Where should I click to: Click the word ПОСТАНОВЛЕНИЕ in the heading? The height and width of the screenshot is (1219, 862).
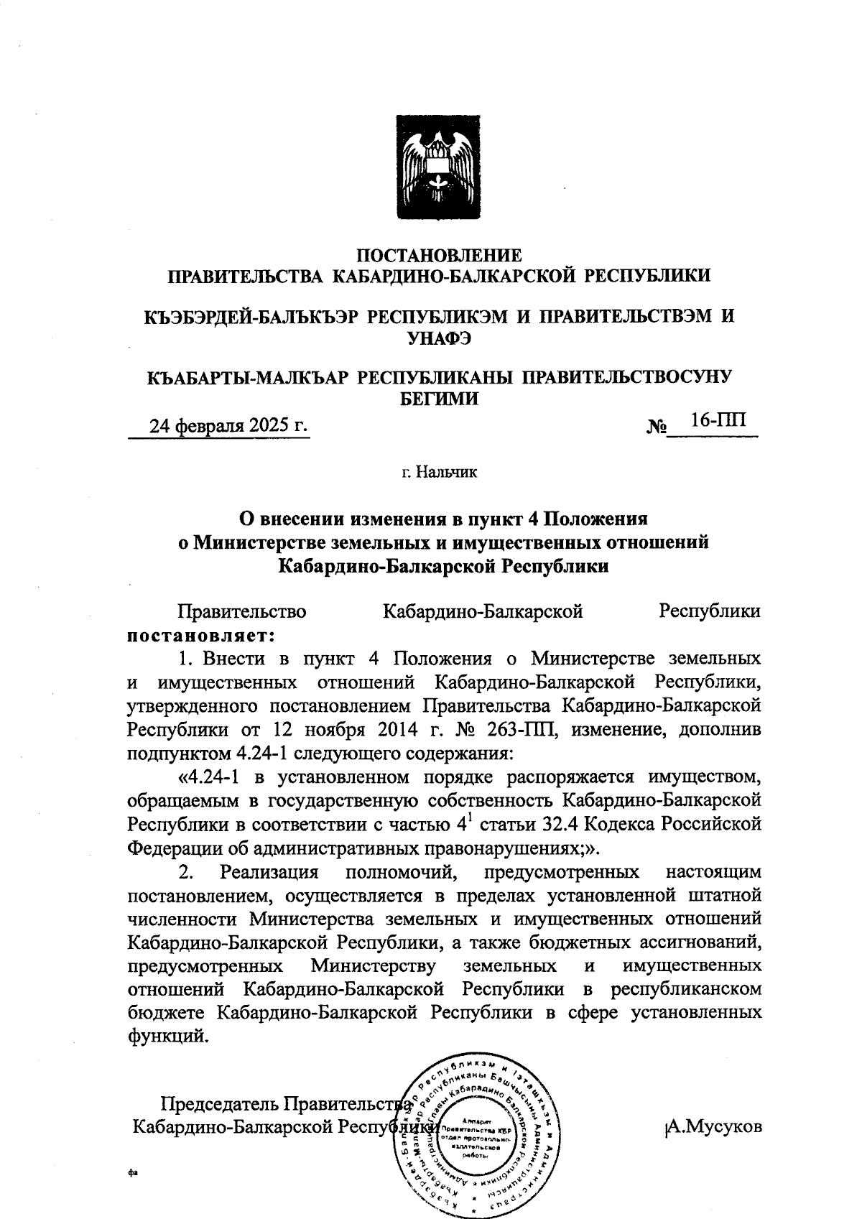[439, 255]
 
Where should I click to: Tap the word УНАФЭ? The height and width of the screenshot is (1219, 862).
[439, 338]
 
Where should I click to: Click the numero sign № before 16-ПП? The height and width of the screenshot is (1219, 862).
[657, 428]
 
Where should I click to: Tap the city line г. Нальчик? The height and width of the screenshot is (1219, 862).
[439, 472]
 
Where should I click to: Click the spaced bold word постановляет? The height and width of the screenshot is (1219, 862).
[201, 635]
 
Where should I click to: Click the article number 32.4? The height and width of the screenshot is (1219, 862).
[580, 823]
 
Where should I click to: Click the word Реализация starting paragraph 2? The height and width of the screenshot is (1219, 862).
[269, 872]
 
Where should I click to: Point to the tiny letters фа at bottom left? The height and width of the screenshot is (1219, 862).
[131, 1172]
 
